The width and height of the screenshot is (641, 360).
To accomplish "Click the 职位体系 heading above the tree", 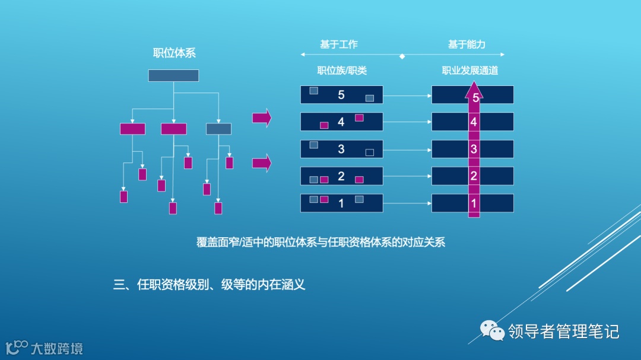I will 174,53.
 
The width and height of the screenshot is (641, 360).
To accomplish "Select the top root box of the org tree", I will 173,76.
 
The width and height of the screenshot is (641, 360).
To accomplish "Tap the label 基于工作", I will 339,44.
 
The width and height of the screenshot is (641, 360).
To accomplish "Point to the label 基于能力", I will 467,44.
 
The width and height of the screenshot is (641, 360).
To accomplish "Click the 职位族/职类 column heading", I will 342,71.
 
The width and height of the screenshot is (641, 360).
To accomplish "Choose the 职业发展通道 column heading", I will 470,71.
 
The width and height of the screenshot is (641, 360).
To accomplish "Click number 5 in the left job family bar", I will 341,95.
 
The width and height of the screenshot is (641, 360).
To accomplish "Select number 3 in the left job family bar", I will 341,149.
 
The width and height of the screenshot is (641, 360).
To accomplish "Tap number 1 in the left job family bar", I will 341,203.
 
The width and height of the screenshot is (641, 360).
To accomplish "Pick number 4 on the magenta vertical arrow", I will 474,122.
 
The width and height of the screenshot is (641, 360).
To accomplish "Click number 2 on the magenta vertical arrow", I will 474,176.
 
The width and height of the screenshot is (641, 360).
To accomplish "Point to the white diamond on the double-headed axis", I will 402,56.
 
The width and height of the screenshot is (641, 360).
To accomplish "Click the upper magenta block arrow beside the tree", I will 262,117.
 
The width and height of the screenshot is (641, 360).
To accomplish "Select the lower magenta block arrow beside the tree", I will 262,163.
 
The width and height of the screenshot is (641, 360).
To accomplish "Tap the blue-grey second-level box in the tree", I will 218,129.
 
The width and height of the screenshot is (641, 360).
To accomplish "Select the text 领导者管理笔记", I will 563,331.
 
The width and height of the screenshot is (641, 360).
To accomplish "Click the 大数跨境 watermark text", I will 57,348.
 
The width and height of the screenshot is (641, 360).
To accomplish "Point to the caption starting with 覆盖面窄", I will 320,242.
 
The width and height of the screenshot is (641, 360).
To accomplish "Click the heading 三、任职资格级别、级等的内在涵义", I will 209,285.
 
